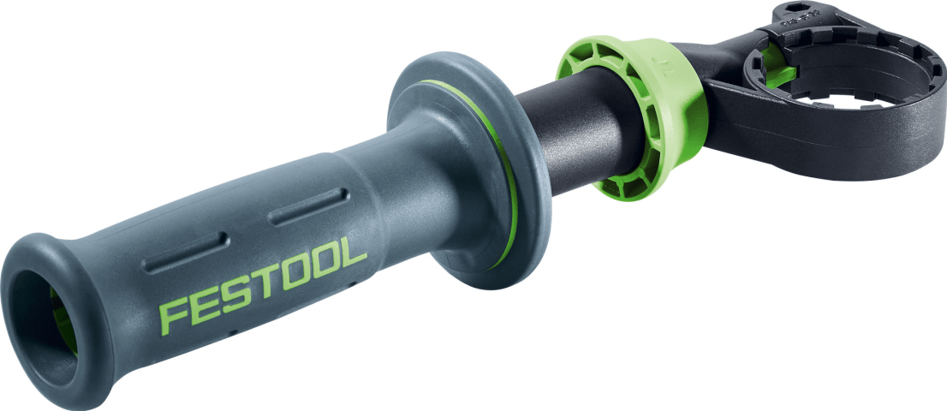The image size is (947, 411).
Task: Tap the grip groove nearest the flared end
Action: click(x=185, y=253)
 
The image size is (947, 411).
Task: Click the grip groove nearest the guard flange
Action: click(x=308, y=207)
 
